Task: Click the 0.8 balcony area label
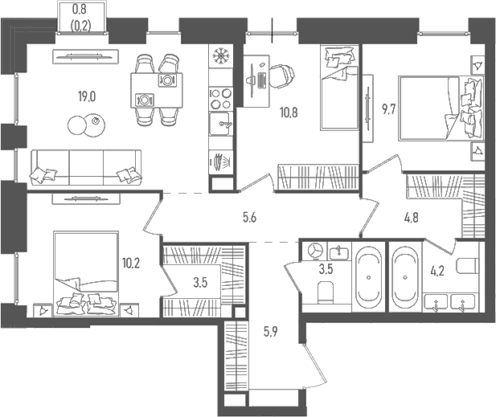(x=80, y=10)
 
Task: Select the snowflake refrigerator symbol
(x=219, y=56)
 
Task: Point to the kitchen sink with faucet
(x=220, y=125)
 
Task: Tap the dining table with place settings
(x=155, y=89)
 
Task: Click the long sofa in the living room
(x=84, y=166)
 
